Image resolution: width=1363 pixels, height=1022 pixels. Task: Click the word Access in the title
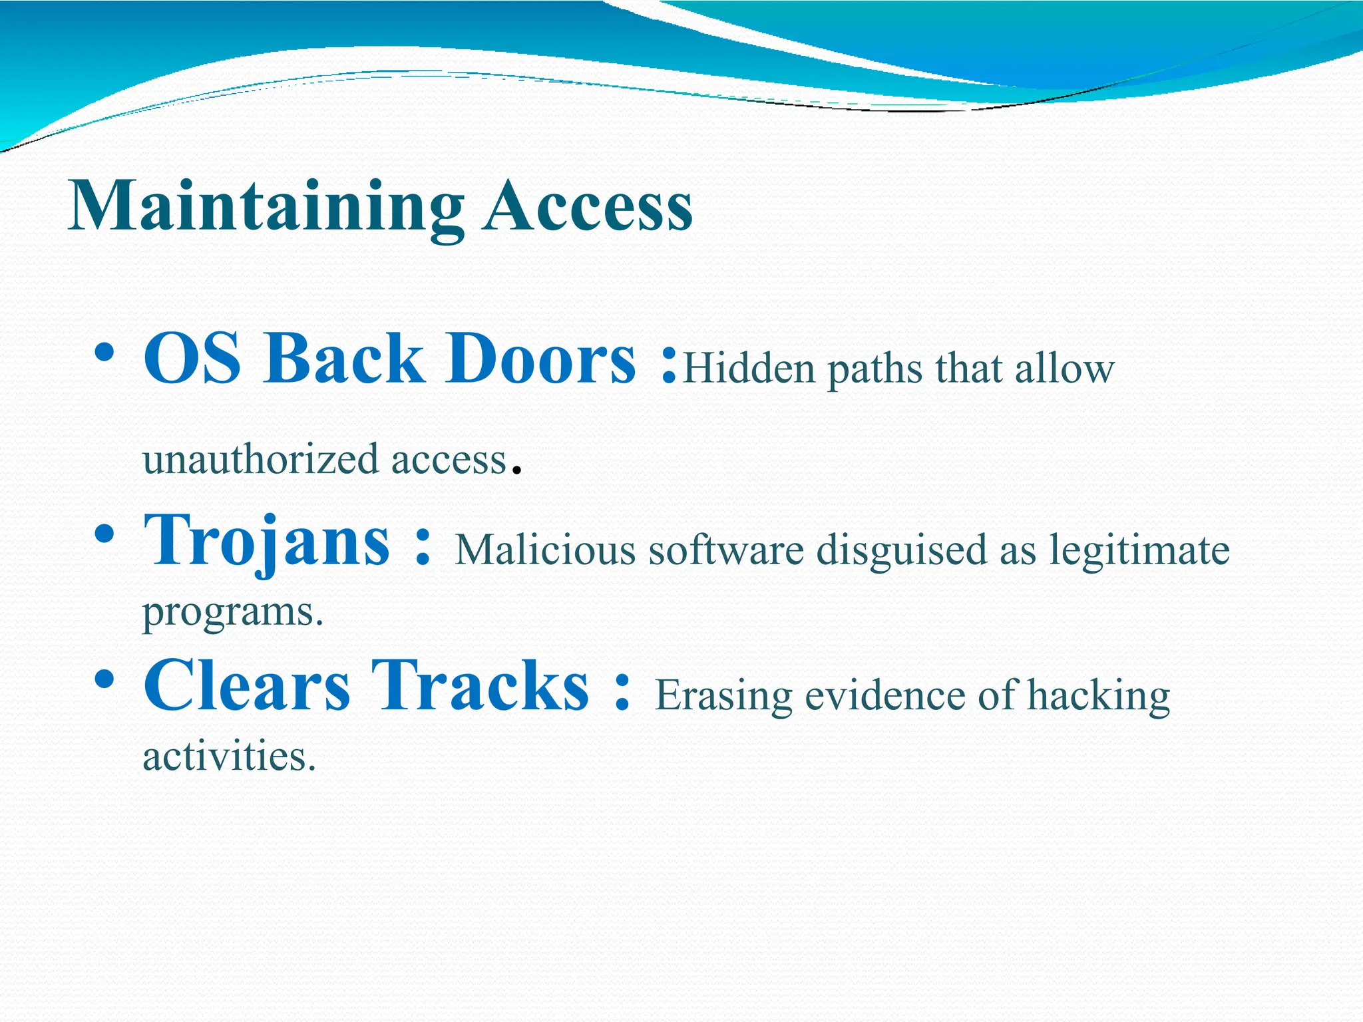(x=587, y=208)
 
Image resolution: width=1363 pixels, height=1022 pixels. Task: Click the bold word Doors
(x=540, y=359)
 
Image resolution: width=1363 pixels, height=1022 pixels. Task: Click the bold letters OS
(x=192, y=359)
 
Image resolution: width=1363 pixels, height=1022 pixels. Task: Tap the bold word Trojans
(x=266, y=540)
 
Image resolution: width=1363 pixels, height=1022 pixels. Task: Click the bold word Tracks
(x=479, y=685)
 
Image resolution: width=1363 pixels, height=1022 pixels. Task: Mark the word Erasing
(x=723, y=696)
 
